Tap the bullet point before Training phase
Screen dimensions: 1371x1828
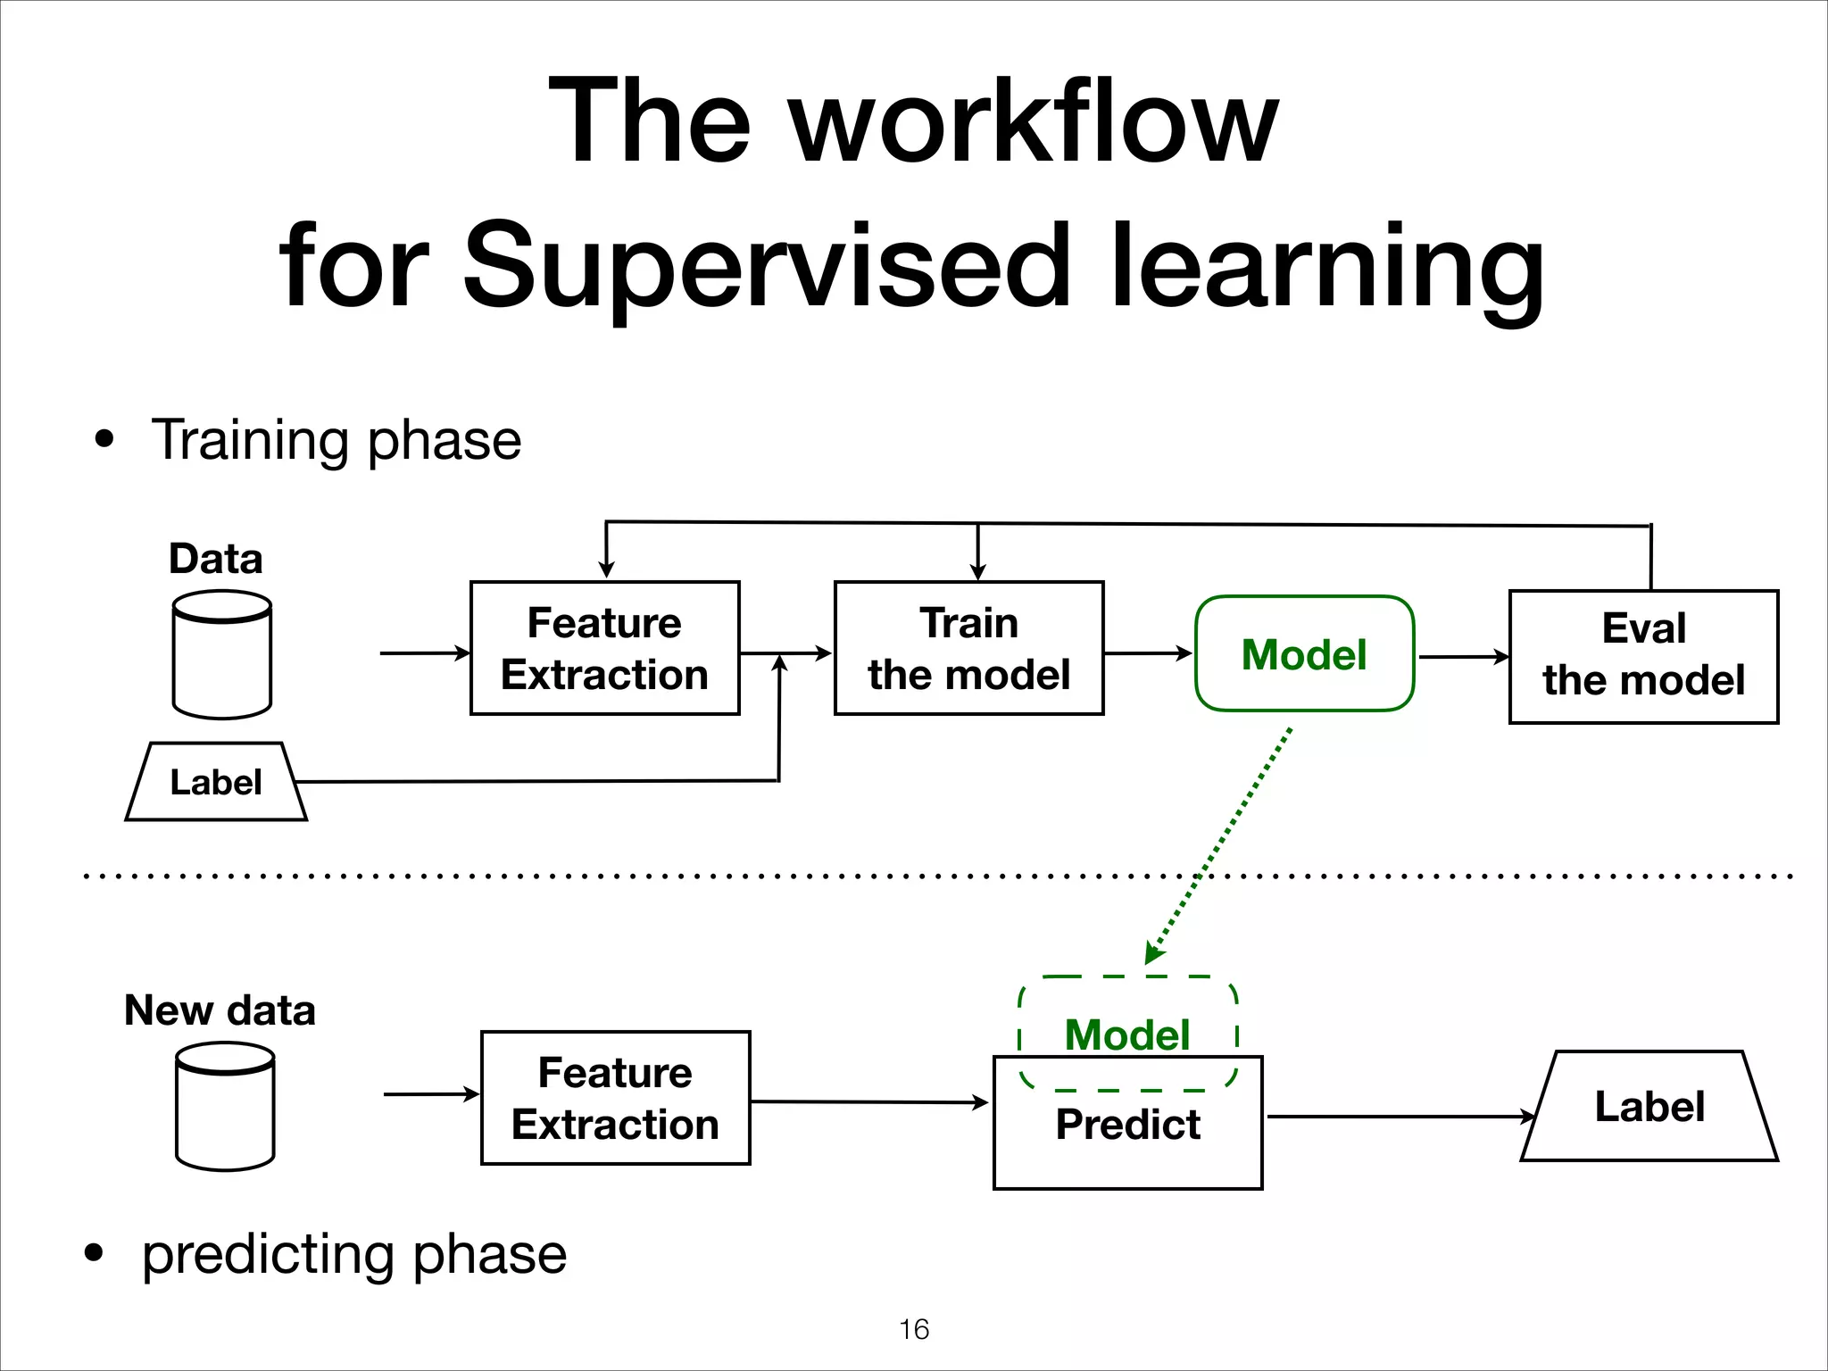tap(105, 439)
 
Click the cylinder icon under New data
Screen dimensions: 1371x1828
tap(225, 1107)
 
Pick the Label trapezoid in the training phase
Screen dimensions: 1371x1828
tap(216, 783)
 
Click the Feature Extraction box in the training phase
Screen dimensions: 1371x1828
tap(605, 648)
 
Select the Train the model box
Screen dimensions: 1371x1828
tap(968, 648)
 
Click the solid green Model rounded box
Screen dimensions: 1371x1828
tap(1304, 654)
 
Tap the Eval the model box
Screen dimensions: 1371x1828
tap(1643, 656)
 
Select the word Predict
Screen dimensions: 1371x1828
tap(1127, 1125)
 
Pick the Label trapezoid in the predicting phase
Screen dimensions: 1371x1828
tap(1649, 1107)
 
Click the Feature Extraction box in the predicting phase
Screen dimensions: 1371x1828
tap(615, 1098)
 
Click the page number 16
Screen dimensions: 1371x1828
tap(914, 1329)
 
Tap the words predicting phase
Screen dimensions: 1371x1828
tap(354, 1254)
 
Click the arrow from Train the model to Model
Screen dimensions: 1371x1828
tap(1148, 653)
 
